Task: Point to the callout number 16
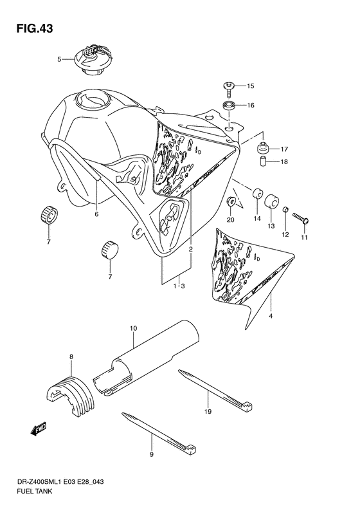(250, 105)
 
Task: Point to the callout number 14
(256, 219)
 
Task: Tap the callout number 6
(96, 214)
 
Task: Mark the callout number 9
(152, 455)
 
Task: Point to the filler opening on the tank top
(89, 100)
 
